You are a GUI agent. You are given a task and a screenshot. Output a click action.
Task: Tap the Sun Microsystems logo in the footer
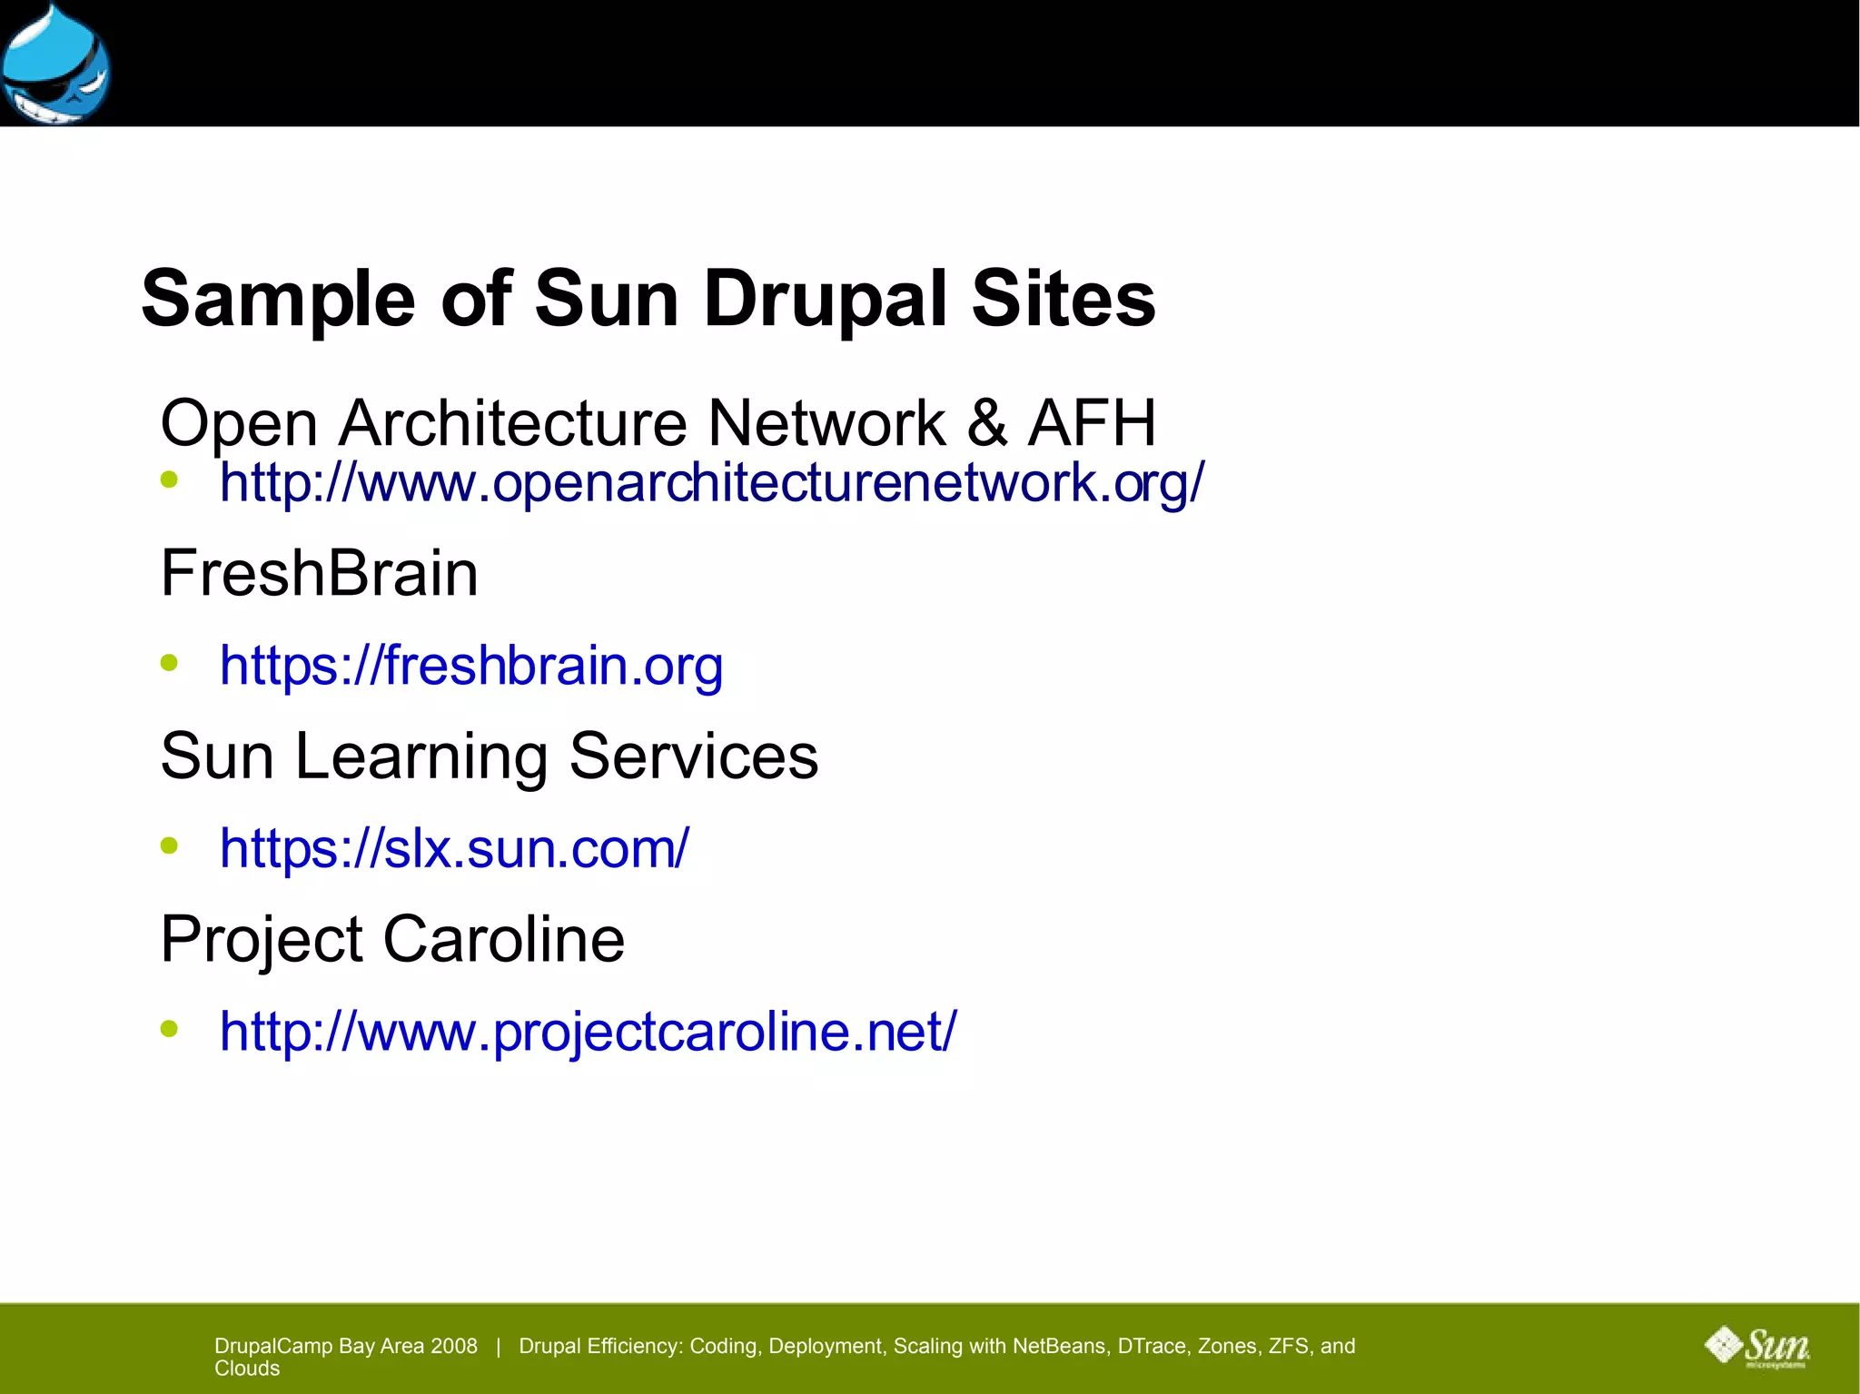[1757, 1347]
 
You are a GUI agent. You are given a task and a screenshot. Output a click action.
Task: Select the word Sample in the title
[278, 300]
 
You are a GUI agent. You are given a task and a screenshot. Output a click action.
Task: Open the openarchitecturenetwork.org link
[712, 482]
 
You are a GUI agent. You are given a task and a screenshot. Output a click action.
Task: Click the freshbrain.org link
[471, 666]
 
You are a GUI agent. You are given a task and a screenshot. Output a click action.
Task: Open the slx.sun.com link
[454, 848]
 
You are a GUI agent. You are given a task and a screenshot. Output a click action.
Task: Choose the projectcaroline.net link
[588, 1032]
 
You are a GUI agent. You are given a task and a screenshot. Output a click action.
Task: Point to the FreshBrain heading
[319, 574]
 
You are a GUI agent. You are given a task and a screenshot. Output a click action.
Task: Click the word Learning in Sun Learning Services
[420, 756]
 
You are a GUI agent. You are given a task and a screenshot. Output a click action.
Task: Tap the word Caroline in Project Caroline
[504, 939]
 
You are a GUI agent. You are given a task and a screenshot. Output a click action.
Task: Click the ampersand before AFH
[987, 423]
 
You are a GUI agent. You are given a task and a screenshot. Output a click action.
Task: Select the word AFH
[1092, 423]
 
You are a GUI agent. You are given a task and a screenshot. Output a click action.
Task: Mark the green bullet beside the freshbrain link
[169, 662]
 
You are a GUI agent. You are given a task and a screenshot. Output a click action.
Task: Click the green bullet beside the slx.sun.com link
[169, 845]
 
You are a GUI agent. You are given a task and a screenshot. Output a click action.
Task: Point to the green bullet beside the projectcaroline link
[169, 1029]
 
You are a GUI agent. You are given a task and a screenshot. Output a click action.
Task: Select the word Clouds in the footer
[247, 1369]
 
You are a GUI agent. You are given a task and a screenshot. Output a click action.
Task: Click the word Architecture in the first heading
[513, 423]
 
